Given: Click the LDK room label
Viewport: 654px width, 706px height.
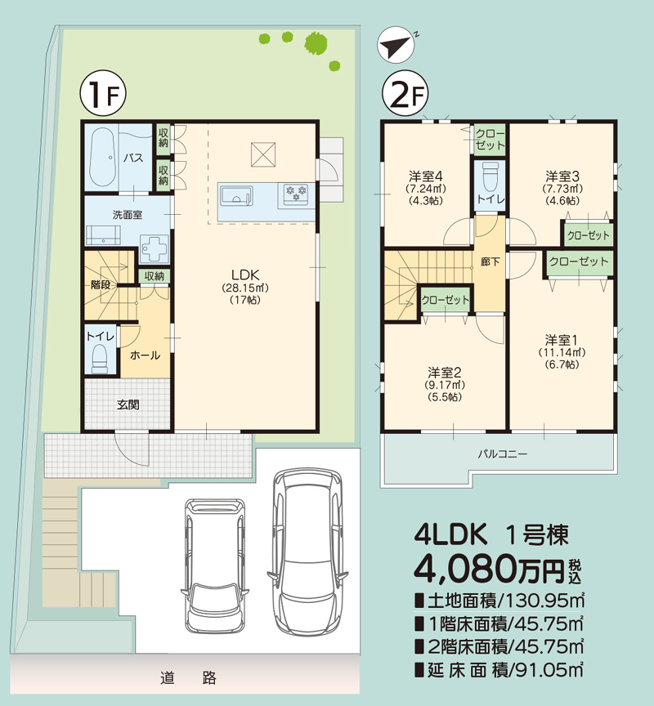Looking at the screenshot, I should pos(244,275).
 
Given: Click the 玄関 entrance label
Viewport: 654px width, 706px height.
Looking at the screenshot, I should pos(127,404).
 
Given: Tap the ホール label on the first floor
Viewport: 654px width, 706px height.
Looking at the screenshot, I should pos(145,355).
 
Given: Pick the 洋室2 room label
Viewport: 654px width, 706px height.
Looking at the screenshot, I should pos(446,370).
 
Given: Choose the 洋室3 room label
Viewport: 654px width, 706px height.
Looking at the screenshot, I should pos(562,176).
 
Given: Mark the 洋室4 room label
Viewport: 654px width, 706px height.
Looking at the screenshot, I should pos(425,176).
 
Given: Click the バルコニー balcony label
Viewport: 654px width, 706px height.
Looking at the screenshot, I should pos(503,453).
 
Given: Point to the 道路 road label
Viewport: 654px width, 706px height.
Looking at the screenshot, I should pos(188,677).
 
